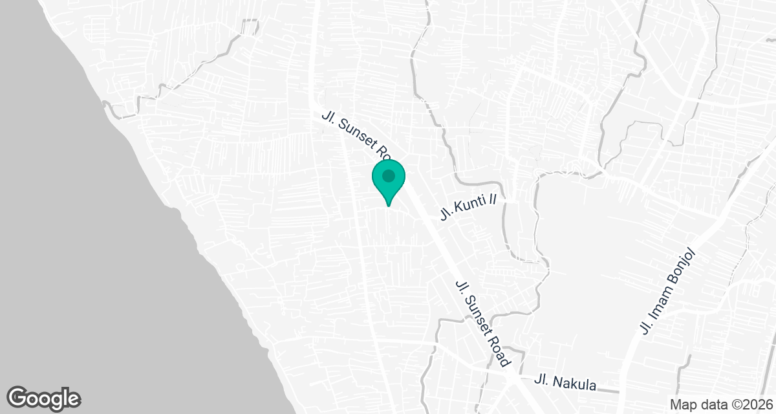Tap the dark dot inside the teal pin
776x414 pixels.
(x=388, y=175)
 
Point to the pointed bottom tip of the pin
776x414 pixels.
(x=388, y=205)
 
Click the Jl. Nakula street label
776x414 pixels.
(x=566, y=383)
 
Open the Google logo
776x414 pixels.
(x=44, y=398)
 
